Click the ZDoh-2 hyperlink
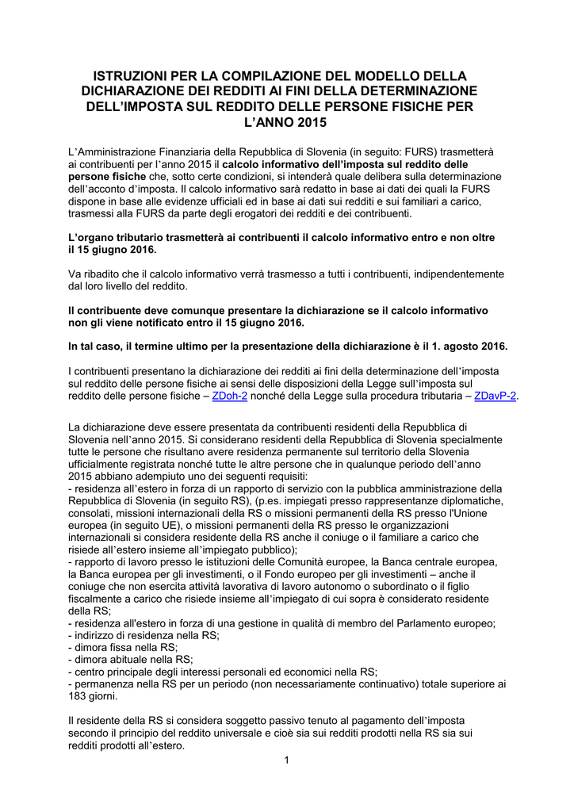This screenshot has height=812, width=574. tap(226, 396)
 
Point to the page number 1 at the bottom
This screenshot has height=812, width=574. tap(286, 762)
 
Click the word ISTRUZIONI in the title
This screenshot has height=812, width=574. tap(141, 76)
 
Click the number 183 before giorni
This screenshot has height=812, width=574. tap(78, 696)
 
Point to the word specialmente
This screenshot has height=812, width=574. tap(464, 439)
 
